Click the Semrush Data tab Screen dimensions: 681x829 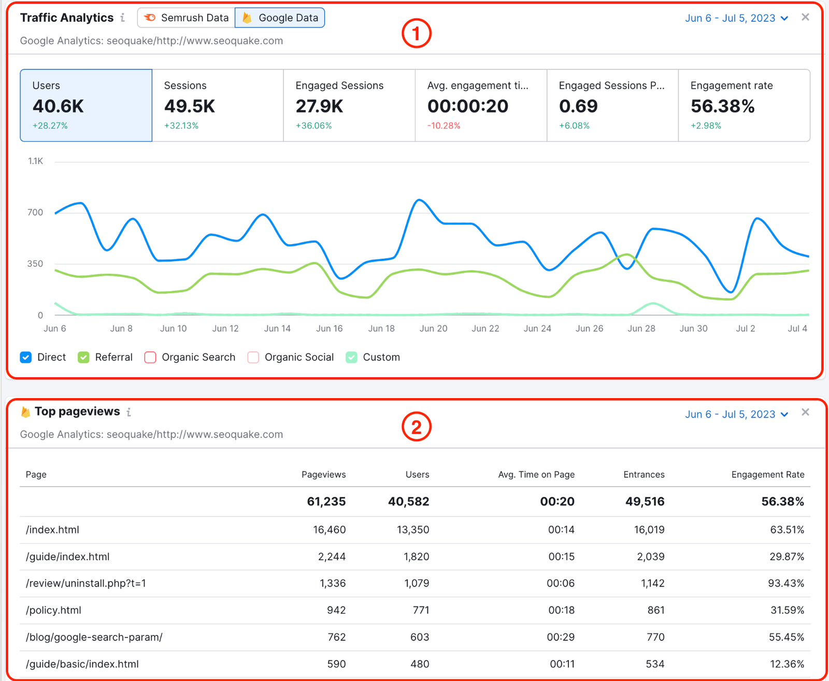tap(186, 18)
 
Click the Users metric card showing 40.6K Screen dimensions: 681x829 tap(86, 105)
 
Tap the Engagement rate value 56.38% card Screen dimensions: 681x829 tap(744, 105)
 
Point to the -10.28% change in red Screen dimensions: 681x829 tap(444, 126)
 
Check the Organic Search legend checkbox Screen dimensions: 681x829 tap(150, 358)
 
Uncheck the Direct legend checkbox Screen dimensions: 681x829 tap(26, 358)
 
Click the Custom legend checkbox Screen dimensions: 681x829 tap(352, 358)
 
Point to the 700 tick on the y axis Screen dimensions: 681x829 tap(35, 212)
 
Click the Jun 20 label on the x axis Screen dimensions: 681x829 tap(433, 329)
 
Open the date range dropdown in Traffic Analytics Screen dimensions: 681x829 tap(736, 18)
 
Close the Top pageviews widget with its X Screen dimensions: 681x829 tap(805, 413)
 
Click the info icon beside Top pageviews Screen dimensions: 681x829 tap(129, 412)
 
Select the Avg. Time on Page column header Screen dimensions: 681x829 tap(536, 475)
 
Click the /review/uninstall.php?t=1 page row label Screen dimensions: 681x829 tap(86, 584)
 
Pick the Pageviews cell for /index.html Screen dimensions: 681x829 tap(329, 530)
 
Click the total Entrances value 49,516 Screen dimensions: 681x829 tap(645, 502)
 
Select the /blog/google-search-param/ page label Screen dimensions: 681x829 tap(94, 637)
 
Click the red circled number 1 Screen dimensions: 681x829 tap(416, 34)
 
